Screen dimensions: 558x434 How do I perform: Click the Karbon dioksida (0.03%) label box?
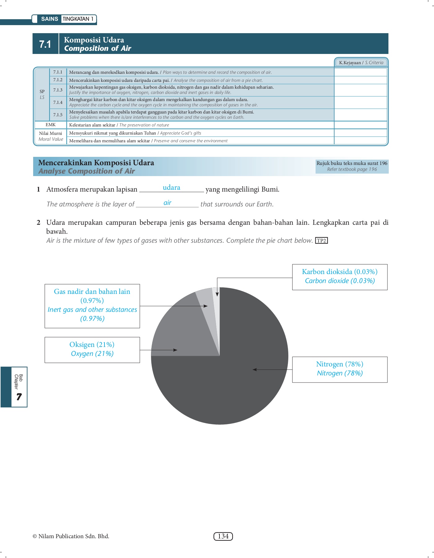coord(340,277)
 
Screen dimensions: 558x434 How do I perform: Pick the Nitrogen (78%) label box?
coord(340,369)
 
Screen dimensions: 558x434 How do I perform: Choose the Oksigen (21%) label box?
coord(92,350)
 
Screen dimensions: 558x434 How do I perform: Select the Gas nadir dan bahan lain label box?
coord(92,306)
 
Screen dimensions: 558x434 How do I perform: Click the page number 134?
coord(223,536)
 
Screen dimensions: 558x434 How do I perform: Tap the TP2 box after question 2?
coord(321,241)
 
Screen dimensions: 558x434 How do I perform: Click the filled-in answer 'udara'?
coord(171,188)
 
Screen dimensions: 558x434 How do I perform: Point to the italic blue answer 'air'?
coord(167,203)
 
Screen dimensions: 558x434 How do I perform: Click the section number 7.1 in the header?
coord(45,44)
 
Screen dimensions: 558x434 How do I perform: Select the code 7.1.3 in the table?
coord(58,90)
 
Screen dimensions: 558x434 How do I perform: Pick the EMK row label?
coord(51,125)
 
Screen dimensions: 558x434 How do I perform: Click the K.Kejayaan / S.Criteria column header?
coord(361,63)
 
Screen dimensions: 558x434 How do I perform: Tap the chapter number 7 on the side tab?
coord(19,396)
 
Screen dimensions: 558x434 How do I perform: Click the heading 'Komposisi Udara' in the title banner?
coord(94,40)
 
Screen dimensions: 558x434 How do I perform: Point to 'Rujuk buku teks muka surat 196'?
coord(352,163)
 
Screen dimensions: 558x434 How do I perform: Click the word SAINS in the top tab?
coord(50,19)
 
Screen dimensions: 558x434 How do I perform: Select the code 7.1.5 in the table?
coord(58,115)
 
